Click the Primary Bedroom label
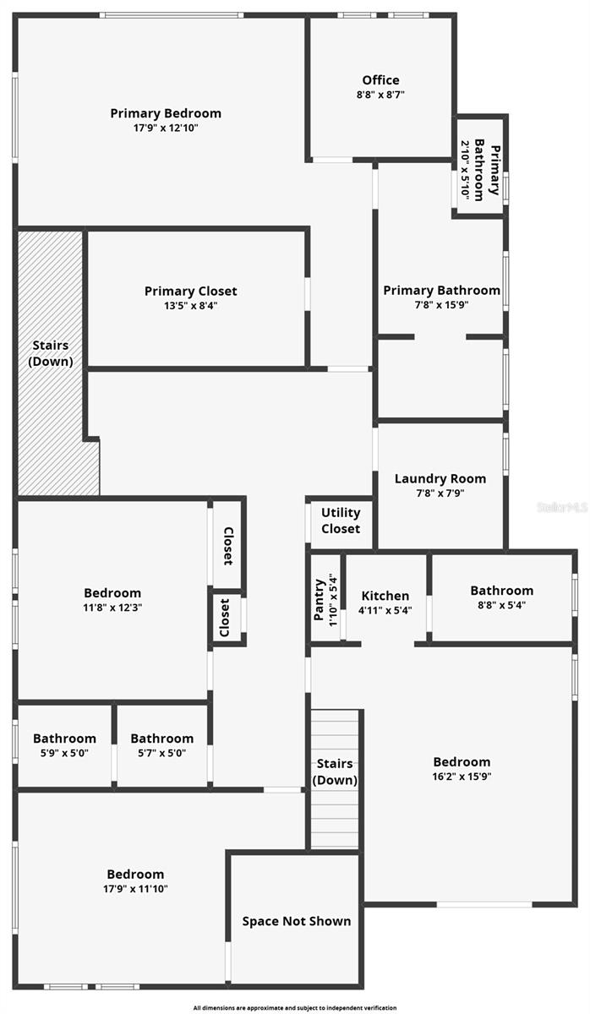coord(166,113)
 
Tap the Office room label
coord(380,80)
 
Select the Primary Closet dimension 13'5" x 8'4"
coord(190,306)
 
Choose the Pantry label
coord(319,599)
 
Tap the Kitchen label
coord(385,596)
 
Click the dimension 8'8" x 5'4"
coord(502,605)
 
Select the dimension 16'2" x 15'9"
coord(462,777)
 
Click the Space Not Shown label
coord(297,921)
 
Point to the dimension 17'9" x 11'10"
coord(135,889)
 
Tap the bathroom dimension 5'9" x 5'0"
coord(65,753)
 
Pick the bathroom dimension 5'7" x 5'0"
coord(161,753)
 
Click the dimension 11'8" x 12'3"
coord(112,608)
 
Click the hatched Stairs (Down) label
coord(51,353)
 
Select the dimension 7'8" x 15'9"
coord(441,305)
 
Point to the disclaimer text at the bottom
coord(295,1008)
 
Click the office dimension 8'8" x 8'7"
coord(380,95)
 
